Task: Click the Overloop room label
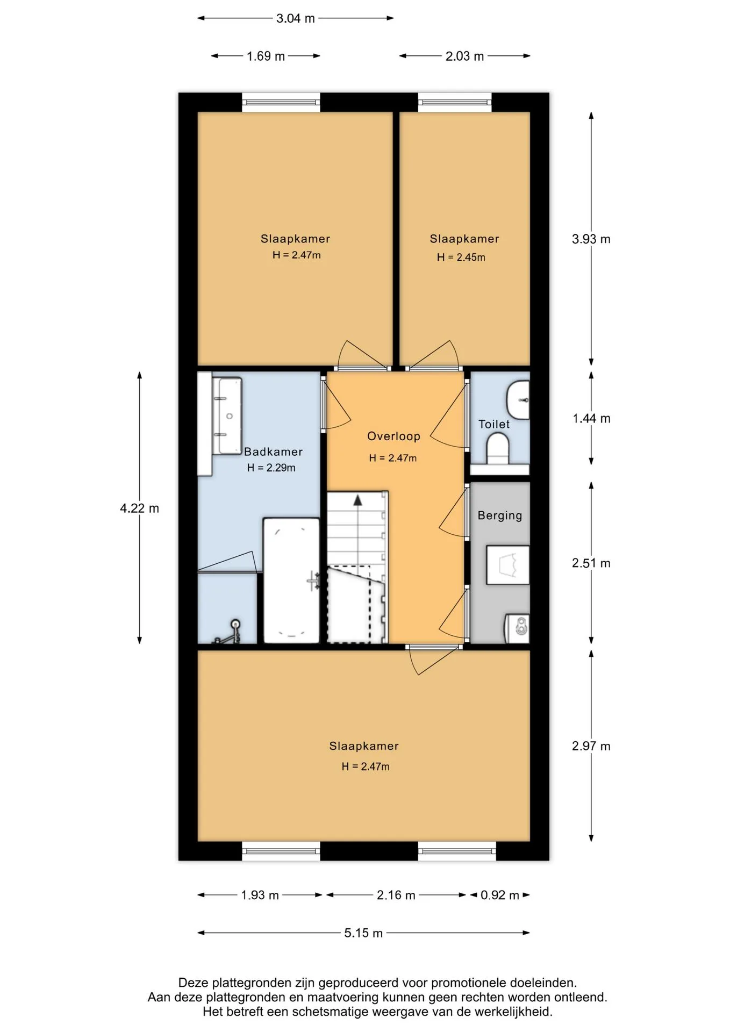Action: (x=393, y=436)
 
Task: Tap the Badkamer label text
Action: (x=273, y=451)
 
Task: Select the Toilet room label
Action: (x=494, y=424)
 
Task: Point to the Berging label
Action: (x=500, y=515)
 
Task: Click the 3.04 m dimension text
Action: (x=296, y=18)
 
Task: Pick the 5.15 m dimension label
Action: (x=363, y=933)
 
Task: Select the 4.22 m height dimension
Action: (x=139, y=508)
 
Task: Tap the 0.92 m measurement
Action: (x=500, y=895)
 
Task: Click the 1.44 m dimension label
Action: (x=591, y=418)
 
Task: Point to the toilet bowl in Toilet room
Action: (x=498, y=449)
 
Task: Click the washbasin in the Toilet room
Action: (x=518, y=400)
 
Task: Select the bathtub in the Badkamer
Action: (x=291, y=580)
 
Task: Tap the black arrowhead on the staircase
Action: (x=357, y=500)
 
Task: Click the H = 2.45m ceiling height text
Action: (x=461, y=257)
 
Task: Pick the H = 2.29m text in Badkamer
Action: (x=271, y=468)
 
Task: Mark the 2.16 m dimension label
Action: (x=396, y=895)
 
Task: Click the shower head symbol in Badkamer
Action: (x=235, y=625)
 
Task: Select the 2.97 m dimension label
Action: (x=591, y=746)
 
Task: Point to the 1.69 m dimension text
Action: (x=266, y=56)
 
